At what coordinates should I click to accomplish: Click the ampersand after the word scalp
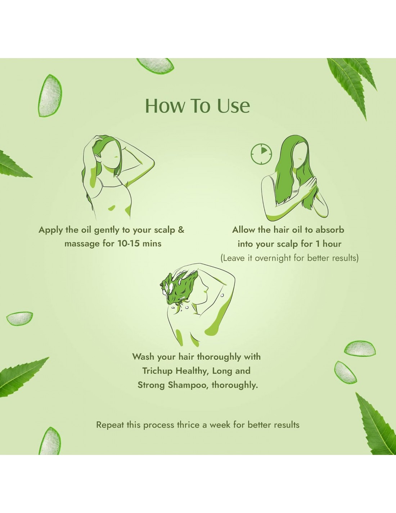[181, 229]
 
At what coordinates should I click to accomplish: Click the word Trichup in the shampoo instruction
[157, 371]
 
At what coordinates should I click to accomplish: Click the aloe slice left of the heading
[50, 96]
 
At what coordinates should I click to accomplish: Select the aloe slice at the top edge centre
[156, 65]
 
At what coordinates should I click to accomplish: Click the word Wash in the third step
[143, 357]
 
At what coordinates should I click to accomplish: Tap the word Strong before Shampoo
[151, 385]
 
